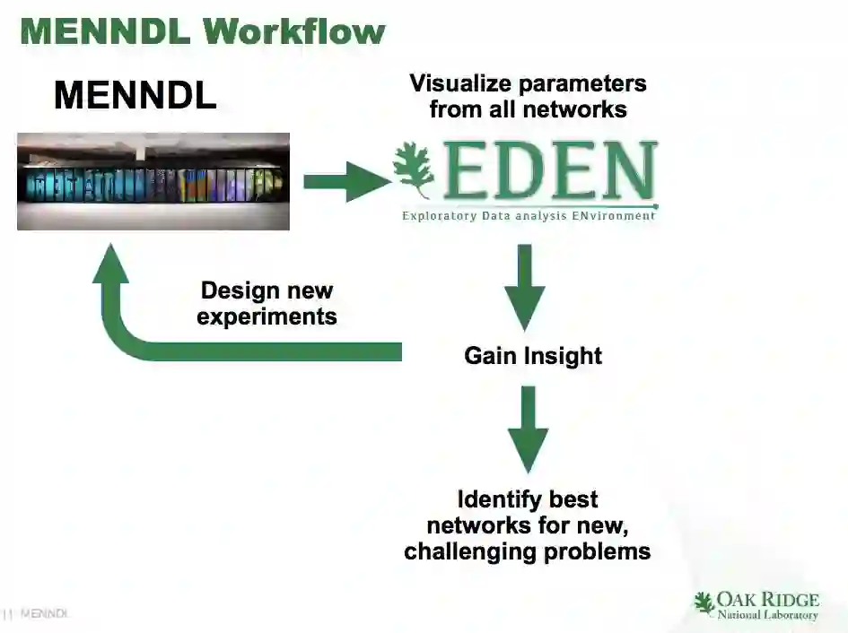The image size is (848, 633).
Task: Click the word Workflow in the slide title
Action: (x=293, y=31)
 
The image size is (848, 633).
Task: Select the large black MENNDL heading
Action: (x=135, y=95)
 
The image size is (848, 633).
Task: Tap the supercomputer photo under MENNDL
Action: (x=153, y=181)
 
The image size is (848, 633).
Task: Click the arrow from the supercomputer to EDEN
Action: (x=346, y=182)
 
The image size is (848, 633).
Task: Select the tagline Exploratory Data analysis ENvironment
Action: (x=529, y=216)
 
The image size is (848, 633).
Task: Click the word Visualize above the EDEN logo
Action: (x=465, y=83)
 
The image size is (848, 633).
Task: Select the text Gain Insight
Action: (x=533, y=356)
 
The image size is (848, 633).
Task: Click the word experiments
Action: (x=267, y=316)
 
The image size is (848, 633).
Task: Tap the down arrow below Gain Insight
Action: (x=528, y=428)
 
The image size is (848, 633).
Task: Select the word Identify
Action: (x=491, y=499)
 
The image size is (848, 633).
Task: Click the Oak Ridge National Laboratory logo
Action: (x=757, y=605)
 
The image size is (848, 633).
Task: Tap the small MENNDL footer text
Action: (x=44, y=614)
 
